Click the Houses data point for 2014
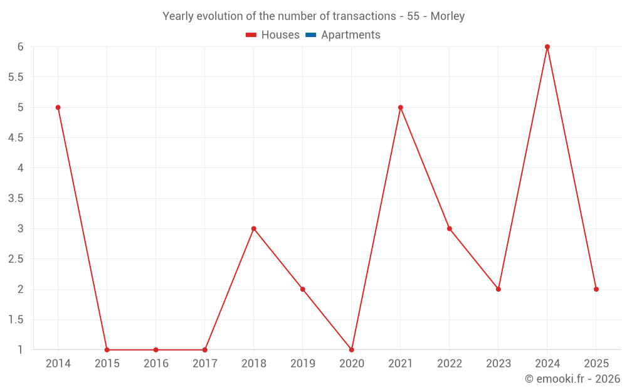coord(58,107)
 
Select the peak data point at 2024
coord(547,47)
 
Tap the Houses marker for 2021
coord(401,107)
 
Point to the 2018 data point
coord(254,228)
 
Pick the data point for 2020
coord(352,349)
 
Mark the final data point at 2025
coord(596,289)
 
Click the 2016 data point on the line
coord(156,349)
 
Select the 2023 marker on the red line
coord(498,289)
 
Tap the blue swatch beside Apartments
coord(310,35)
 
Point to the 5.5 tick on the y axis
coord(16,77)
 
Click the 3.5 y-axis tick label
coord(16,198)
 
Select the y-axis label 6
coord(20,47)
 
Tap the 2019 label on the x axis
coord(303,364)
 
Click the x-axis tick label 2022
coord(450,364)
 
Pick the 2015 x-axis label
coord(107,364)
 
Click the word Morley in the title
coord(447,16)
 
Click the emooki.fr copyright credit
coord(572,379)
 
